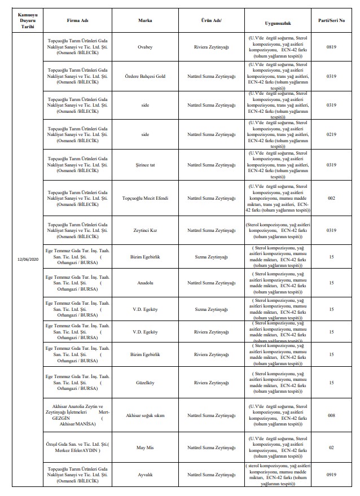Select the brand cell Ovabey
(x=146, y=48)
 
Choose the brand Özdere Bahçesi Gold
(x=146, y=76)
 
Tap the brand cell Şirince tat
(x=146, y=165)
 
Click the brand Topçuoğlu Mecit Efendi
(x=146, y=198)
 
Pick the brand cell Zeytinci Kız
(x=146, y=230)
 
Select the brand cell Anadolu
(x=146, y=283)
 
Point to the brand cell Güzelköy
(x=146, y=381)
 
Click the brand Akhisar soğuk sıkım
(x=146, y=415)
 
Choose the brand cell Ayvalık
(x=146, y=475)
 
